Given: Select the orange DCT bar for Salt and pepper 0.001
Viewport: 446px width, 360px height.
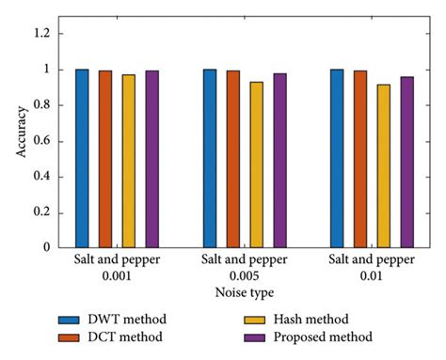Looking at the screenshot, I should pyautogui.click(x=105, y=159).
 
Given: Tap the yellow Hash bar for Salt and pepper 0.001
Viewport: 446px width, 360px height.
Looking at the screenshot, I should pyautogui.click(x=128, y=161).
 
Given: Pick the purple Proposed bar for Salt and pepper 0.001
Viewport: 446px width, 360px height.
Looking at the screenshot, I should pyautogui.click(x=151, y=159).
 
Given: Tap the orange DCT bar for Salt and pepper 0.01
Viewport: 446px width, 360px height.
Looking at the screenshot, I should pyautogui.click(x=360, y=159).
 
